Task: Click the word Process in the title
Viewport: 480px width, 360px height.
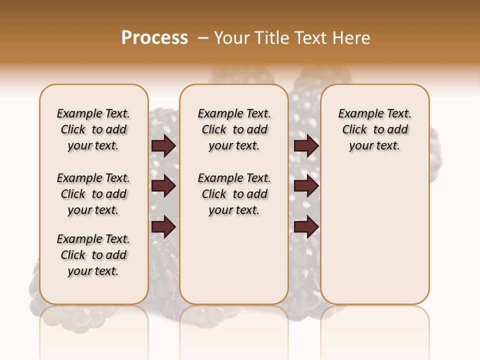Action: pyautogui.click(x=154, y=38)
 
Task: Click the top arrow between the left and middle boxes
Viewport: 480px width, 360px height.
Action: pyautogui.click(x=163, y=146)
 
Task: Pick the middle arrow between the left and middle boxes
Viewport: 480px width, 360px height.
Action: pyautogui.click(x=163, y=186)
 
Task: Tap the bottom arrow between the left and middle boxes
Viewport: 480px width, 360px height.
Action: pyautogui.click(x=163, y=227)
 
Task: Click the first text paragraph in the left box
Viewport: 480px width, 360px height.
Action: pyautogui.click(x=93, y=129)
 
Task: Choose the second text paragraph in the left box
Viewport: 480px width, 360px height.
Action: pyautogui.click(x=93, y=194)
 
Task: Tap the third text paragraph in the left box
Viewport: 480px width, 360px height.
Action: pyautogui.click(x=93, y=255)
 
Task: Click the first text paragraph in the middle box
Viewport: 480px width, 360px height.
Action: pyautogui.click(x=234, y=129)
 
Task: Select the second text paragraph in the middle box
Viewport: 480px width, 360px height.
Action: pyautogui.click(x=234, y=194)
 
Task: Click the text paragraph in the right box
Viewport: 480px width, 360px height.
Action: pyautogui.click(x=374, y=129)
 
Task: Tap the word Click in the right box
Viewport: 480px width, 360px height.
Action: pyautogui.click(x=354, y=130)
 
